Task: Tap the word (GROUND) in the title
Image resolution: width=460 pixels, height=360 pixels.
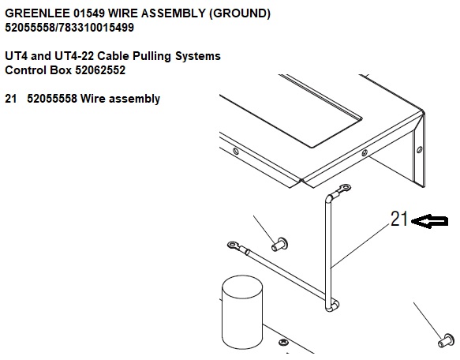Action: pos(240,13)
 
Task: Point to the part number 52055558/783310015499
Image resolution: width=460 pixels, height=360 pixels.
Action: pos(69,28)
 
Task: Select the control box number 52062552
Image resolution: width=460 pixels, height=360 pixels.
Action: pos(100,70)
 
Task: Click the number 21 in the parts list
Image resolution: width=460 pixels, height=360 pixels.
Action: pos(11,99)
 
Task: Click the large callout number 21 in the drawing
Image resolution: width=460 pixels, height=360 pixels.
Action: pos(399,219)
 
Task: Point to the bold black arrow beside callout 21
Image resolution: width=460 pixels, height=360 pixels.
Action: pos(429,221)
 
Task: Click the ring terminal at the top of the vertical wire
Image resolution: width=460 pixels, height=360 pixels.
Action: pos(345,187)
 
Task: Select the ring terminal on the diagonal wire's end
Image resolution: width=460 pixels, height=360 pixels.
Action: pos(233,245)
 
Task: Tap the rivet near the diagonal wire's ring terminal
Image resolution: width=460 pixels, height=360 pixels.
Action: pos(279,244)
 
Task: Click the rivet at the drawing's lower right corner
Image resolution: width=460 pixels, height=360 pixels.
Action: pos(446,340)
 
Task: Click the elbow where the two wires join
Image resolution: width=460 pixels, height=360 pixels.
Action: pos(332,306)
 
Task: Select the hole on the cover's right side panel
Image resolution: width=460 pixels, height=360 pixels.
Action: pos(420,149)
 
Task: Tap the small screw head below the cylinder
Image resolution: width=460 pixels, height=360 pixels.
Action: pos(283,342)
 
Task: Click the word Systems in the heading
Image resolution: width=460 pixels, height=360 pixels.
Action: pos(198,56)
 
